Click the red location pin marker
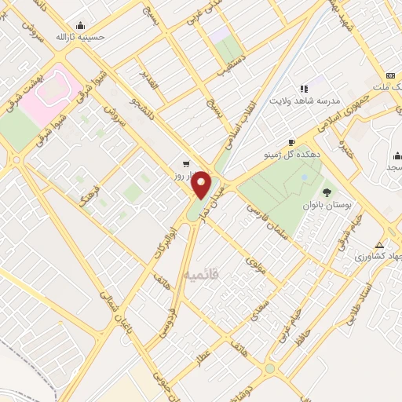point(202,185)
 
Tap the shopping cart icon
point(185,164)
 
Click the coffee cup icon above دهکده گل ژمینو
point(292,142)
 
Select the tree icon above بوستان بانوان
point(326,192)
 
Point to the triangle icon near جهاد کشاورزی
point(380,243)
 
